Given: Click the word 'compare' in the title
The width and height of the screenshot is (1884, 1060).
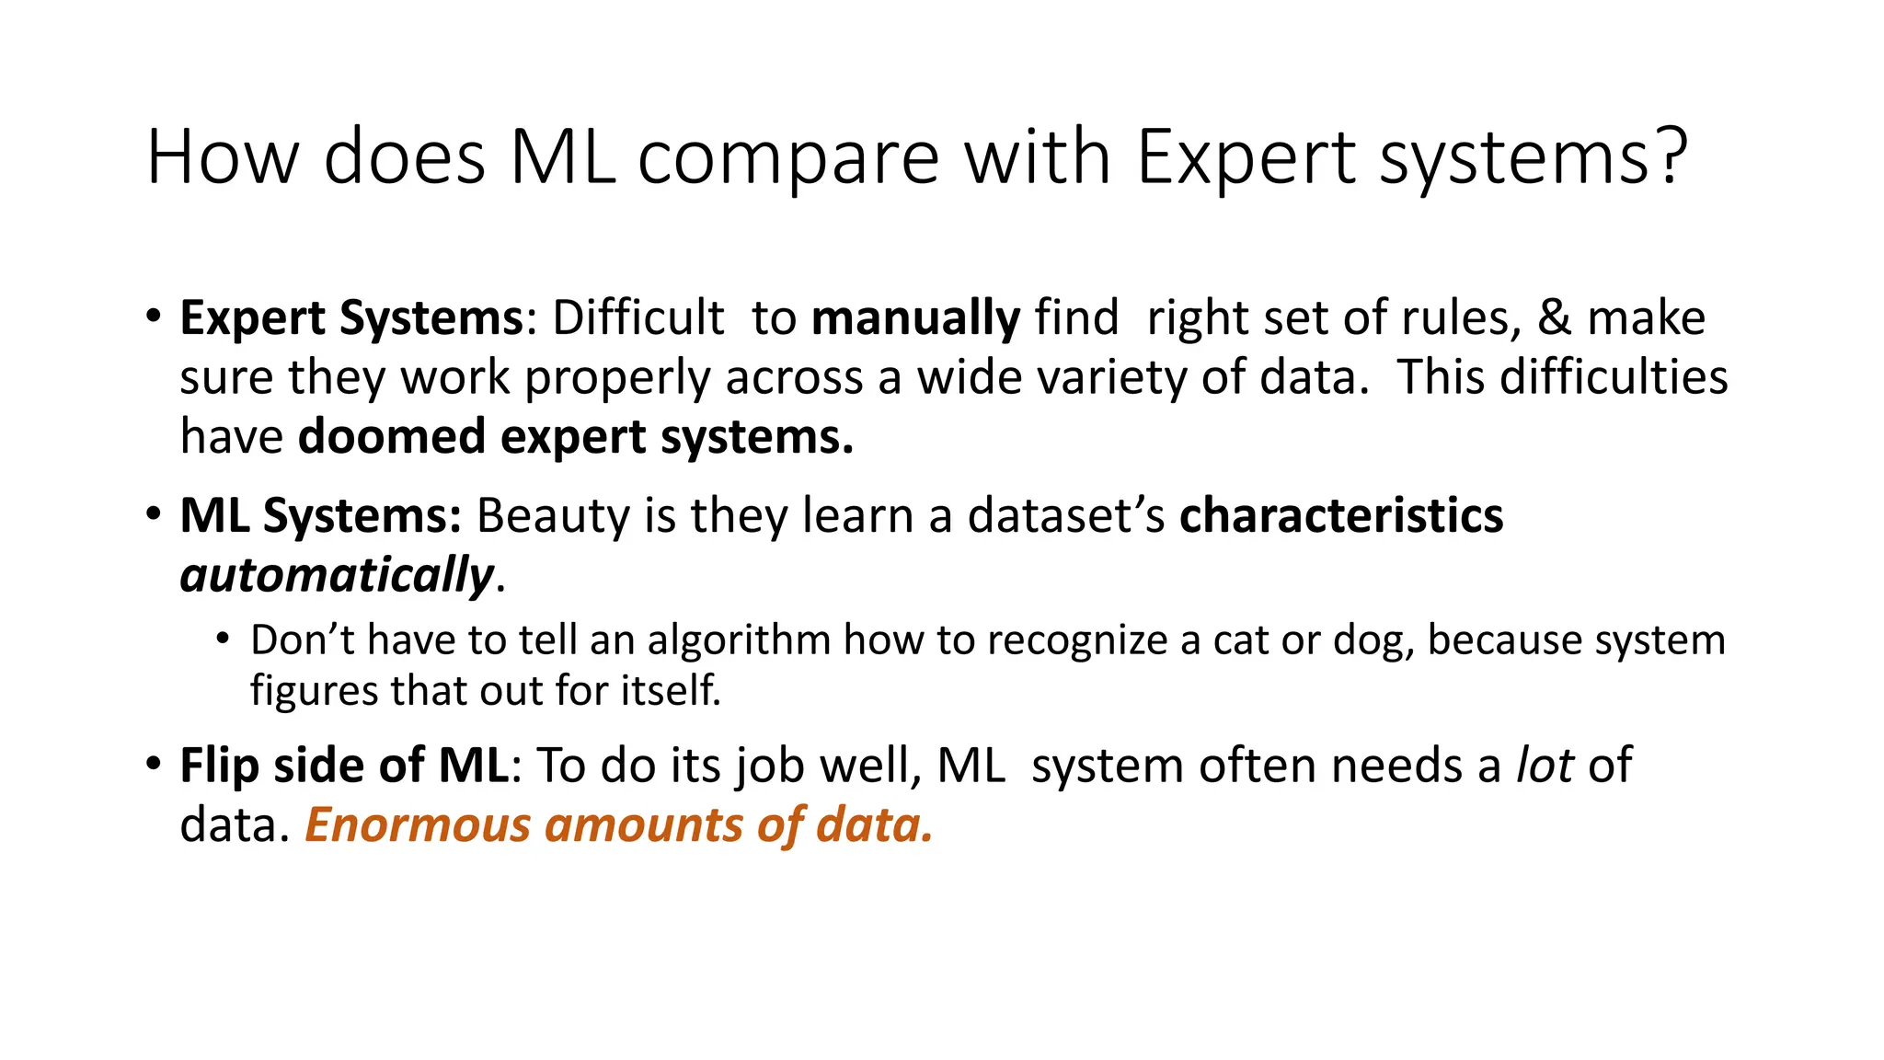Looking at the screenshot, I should (788, 158).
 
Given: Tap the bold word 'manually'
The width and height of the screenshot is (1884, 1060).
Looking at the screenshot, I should (915, 318).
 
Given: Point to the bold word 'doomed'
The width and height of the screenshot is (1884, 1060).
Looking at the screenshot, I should (392, 436).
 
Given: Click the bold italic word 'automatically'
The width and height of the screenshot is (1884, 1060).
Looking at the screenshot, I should (337, 576).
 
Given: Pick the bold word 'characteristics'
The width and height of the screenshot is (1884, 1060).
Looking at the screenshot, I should (1340, 515).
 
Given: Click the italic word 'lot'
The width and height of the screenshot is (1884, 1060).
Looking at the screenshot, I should (1545, 766).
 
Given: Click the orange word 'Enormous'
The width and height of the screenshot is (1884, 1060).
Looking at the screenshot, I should (418, 824).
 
